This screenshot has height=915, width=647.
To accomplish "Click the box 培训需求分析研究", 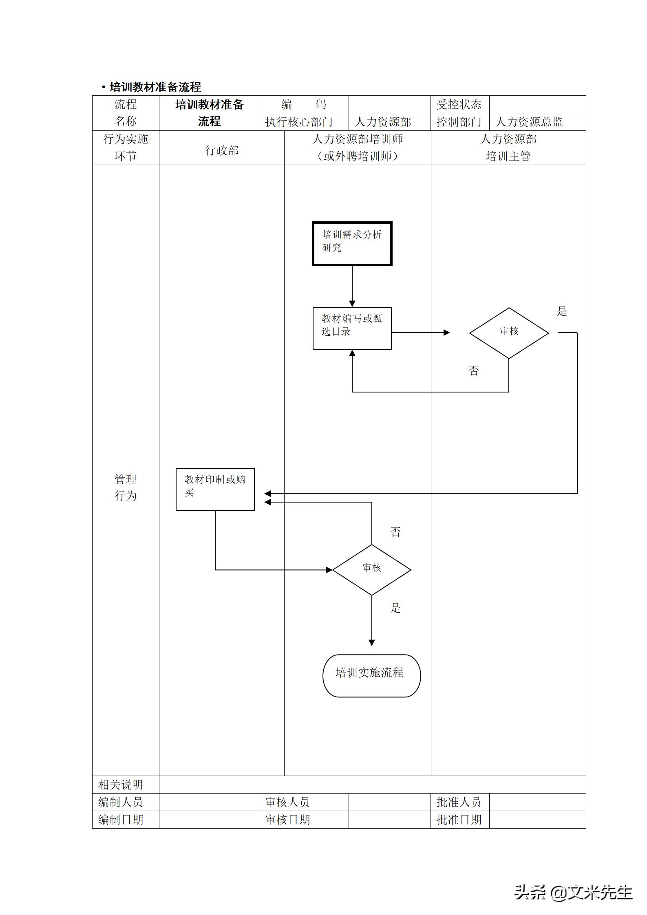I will pyautogui.click(x=352, y=243).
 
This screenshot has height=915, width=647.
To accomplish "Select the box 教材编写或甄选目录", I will pyautogui.click(x=352, y=328).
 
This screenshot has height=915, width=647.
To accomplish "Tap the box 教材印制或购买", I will pyautogui.click(x=215, y=489).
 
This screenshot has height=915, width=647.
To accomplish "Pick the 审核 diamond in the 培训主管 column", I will pyautogui.click(x=509, y=333).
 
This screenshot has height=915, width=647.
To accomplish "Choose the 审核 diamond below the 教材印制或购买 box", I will pyautogui.click(x=371, y=569).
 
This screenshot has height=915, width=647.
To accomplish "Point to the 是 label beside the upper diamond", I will pyautogui.click(x=562, y=312).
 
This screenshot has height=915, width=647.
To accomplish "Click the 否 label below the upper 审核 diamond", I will pyautogui.click(x=473, y=370).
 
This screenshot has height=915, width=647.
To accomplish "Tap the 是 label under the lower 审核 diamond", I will pyautogui.click(x=395, y=608).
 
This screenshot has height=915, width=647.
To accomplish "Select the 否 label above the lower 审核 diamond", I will pyautogui.click(x=395, y=532).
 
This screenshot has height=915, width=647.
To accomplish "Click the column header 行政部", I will pyautogui.click(x=221, y=150).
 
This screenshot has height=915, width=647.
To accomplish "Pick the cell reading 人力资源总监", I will pyautogui.click(x=529, y=122).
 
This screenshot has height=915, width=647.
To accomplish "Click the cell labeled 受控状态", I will pyautogui.click(x=459, y=105).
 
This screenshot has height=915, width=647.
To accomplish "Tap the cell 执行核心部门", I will pyautogui.click(x=299, y=122).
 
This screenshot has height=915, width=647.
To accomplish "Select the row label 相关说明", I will pyautogui.click(x=121, y=785).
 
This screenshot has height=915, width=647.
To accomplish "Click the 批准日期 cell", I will pyautogui.click(x=459, y=820).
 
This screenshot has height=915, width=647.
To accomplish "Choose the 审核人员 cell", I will pyautogui.click(x=287, y=802).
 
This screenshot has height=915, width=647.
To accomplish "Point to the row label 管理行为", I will pyautogui.click(x=126, y=487).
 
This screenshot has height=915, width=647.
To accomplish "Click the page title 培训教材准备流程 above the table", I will pyautogui.click(x=155, y=87).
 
